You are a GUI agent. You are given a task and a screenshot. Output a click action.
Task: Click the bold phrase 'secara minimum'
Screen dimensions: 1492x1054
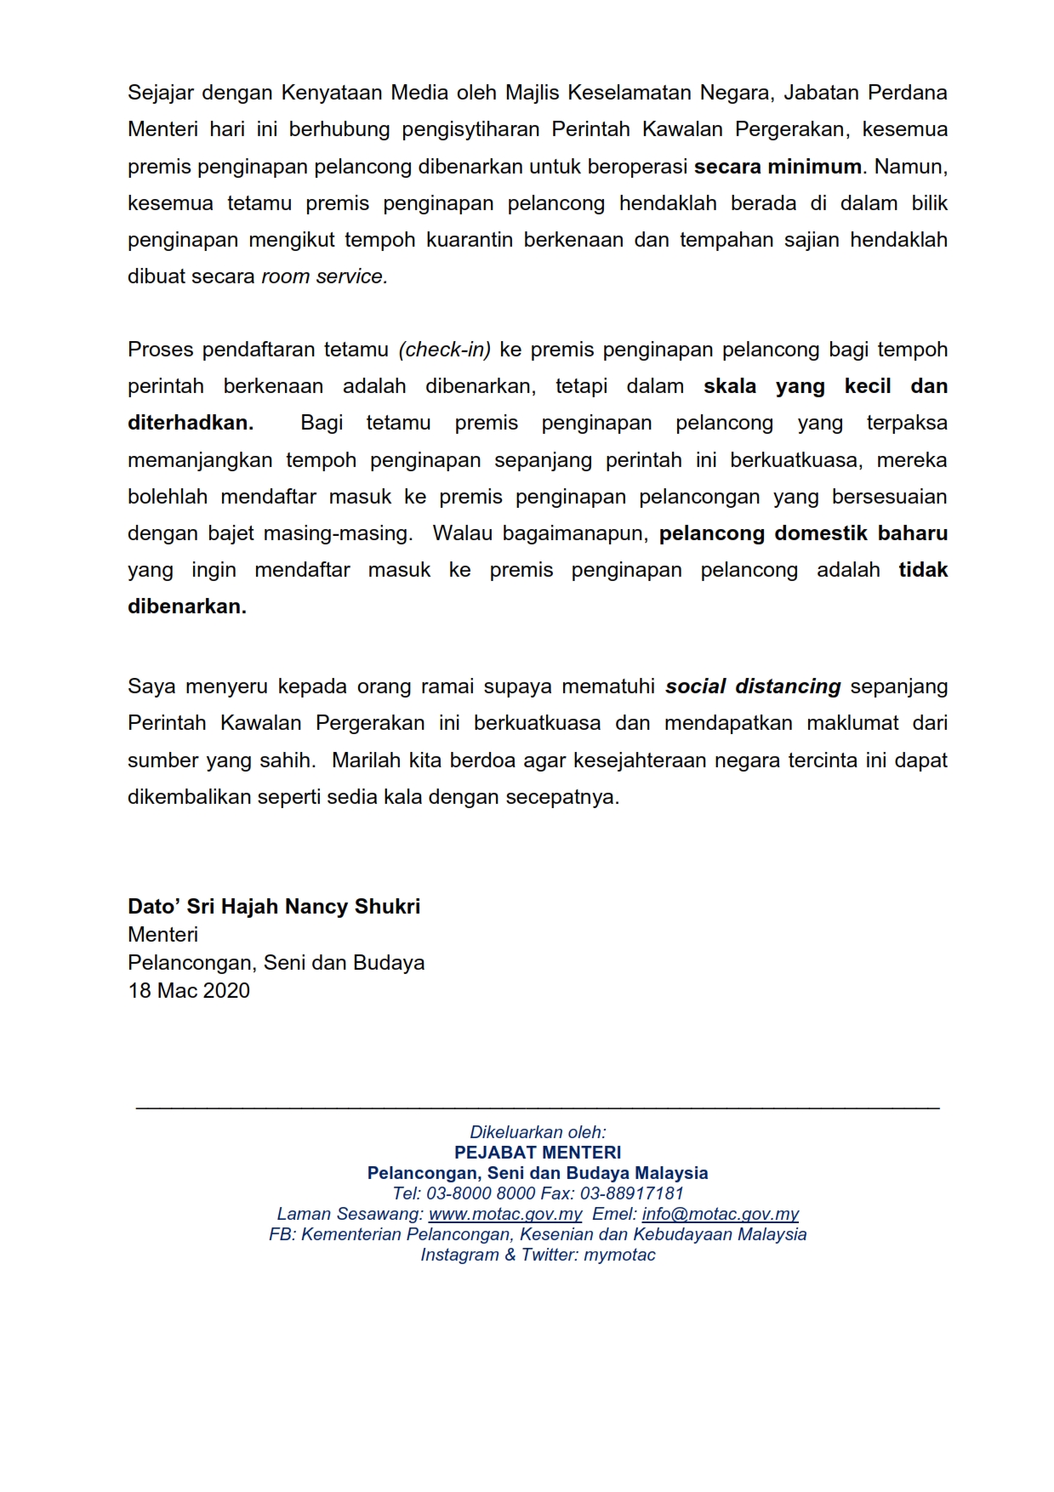coord(778,167)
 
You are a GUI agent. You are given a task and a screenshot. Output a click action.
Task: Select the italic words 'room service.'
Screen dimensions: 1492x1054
coord(324,277)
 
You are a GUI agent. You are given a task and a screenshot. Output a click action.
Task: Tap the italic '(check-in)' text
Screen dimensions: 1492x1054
coord(445,350)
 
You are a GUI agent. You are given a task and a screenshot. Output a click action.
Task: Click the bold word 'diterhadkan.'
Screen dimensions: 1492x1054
coord(191,424)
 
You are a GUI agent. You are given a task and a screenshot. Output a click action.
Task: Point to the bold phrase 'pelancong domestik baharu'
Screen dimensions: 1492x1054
coord(803,533)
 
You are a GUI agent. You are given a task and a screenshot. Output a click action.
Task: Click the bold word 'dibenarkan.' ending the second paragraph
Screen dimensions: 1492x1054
coord(187,607)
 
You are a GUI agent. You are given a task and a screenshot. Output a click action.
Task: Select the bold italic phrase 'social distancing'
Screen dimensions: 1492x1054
coord(753,686)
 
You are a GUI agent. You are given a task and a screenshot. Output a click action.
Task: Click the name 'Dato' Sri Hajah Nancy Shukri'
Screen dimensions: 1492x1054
coord(274,907)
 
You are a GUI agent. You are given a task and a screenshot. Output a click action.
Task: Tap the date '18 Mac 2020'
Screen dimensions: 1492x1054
coord(189,991)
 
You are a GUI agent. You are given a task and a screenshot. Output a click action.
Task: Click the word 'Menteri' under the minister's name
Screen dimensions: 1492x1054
coord(162,935)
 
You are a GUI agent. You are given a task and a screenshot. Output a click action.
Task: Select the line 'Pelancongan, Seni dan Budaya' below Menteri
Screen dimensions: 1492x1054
coord(276,963)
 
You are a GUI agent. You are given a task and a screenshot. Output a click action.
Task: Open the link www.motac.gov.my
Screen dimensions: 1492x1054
coord(505,1215)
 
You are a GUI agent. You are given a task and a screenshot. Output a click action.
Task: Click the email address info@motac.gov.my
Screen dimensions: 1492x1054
coord(720,1215)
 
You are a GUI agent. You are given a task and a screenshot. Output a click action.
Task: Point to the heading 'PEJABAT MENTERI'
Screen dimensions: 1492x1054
coord(538,1153)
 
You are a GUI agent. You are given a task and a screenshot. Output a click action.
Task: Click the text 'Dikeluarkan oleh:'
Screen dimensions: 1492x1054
coord(538,1133)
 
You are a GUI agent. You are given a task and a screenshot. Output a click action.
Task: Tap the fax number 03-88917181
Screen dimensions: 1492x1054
coord(631,1194)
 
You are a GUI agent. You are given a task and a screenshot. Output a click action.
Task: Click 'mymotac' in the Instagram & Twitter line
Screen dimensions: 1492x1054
coord(620,1256)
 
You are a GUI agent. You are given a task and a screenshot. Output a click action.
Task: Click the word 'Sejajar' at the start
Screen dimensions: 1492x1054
coord(158,93)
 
